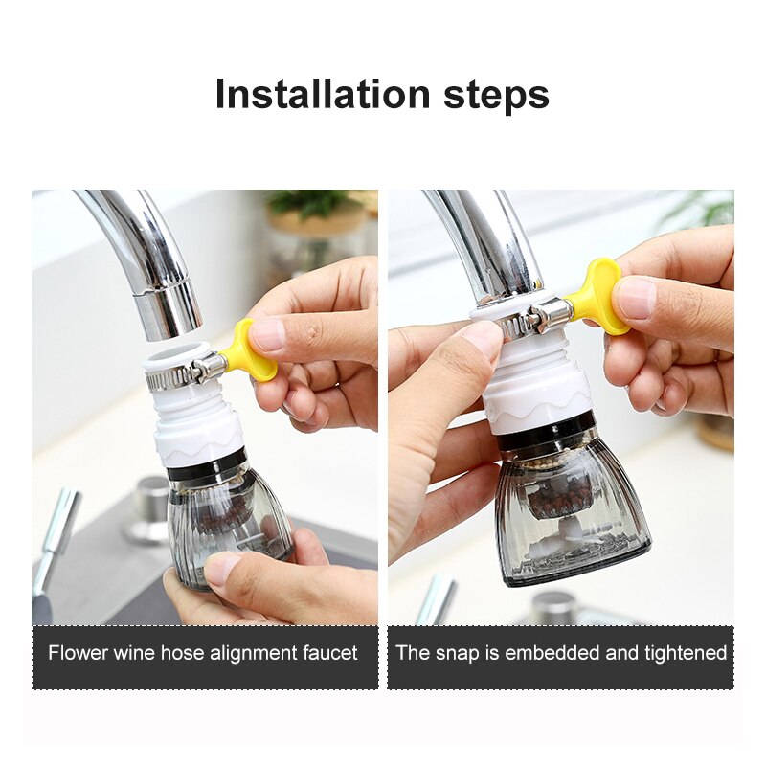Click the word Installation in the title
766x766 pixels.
[x=322, y=95]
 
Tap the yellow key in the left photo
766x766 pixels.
[x=250, y=353]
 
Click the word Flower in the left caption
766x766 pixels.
[x=79, y=654]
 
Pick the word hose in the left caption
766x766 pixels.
[x=191, y=654]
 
